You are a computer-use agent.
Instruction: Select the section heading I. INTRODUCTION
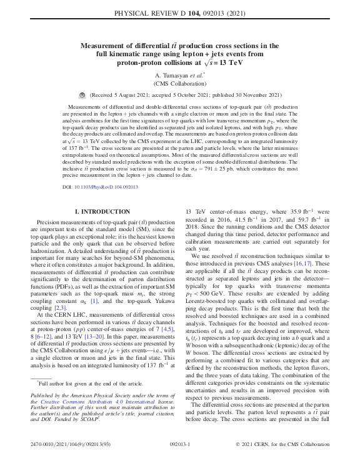click(102, 212)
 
